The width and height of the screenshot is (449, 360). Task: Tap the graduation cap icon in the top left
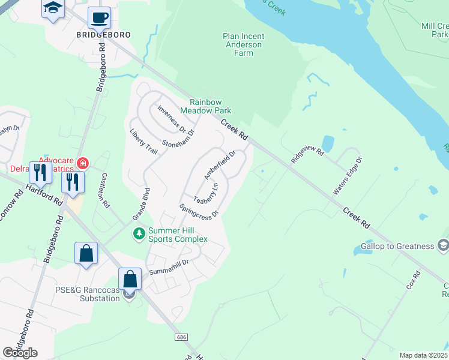point(53,9)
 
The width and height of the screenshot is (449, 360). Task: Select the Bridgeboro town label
point(103,35)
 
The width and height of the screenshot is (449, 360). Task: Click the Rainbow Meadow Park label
point(210,106)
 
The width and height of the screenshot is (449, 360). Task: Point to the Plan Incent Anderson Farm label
point(243,44)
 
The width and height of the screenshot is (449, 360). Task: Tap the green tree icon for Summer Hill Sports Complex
point(139,233)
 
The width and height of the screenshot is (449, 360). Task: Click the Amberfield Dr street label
point(220,164)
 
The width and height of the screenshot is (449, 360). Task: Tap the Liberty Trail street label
point(144,142)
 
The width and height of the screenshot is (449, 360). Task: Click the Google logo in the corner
point(20,353)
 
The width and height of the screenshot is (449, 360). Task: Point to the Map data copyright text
point(423,355)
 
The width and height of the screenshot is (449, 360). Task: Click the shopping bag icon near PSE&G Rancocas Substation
point(130,279)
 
